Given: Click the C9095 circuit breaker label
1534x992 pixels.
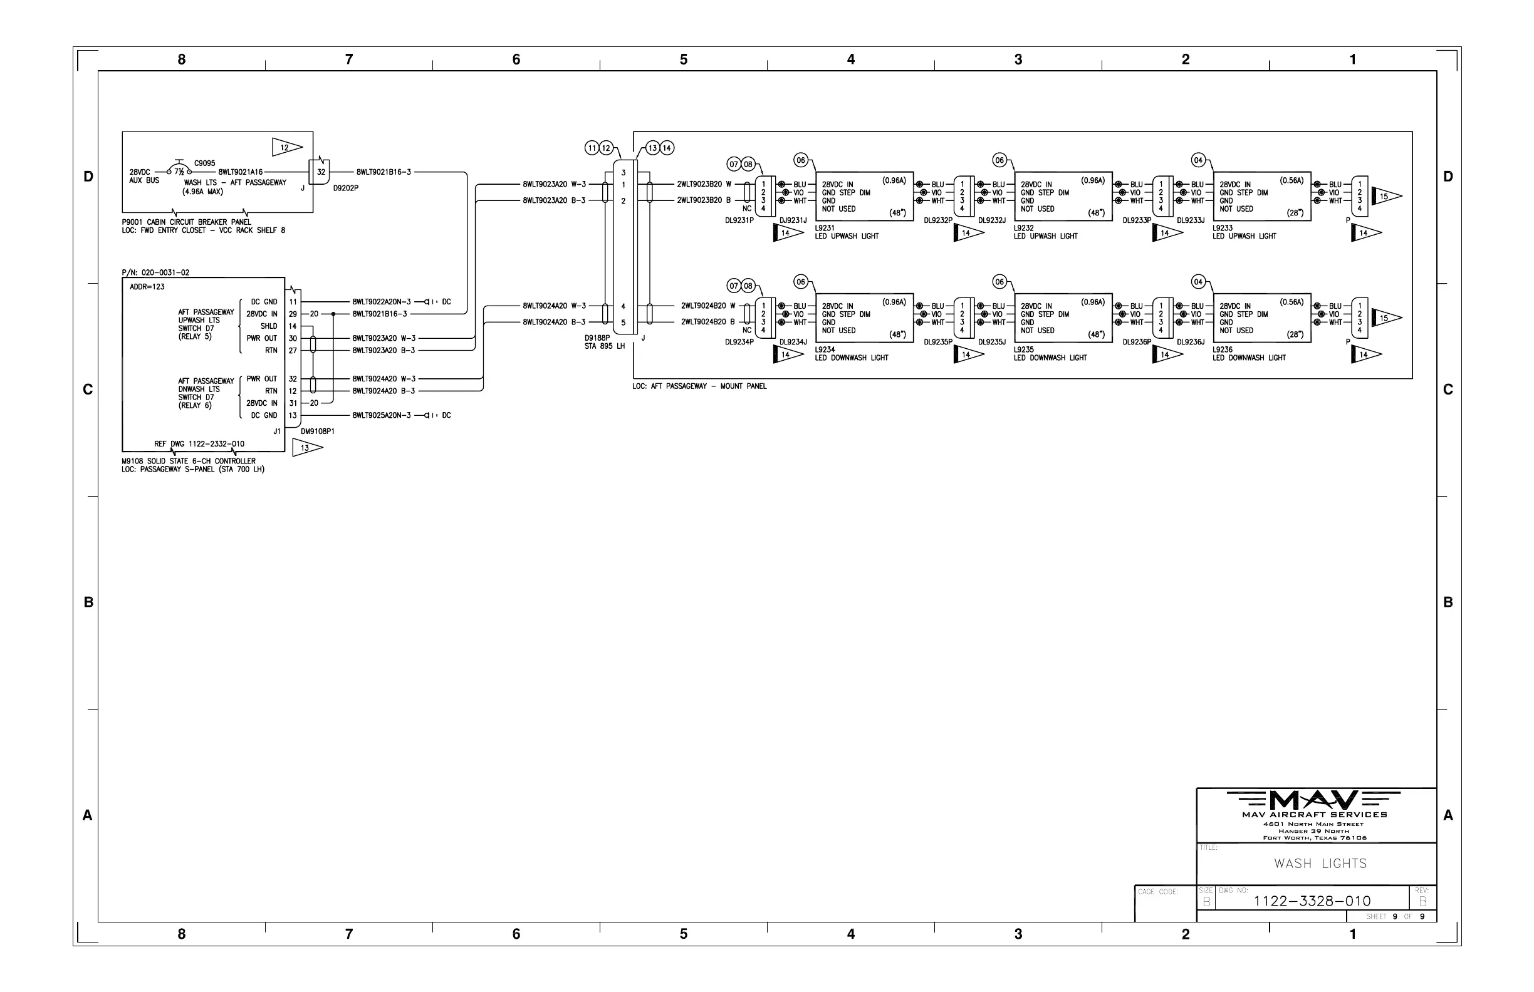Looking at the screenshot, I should click(x=205, y=163).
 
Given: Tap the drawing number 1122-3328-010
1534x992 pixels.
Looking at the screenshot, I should click(x=1312, y=901).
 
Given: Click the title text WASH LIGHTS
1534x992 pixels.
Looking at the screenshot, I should click(x=1320, y=864).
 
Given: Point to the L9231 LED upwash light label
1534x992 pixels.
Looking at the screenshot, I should click(x=847, y=232).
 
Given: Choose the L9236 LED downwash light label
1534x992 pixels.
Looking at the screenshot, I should click(x=1248, y=354).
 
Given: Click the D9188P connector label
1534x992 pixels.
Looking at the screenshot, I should click(x=597, y=338).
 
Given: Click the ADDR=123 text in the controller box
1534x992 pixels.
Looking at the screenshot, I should click(x=147, y=287).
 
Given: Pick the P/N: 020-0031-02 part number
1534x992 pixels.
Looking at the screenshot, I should click(x=155, y=272).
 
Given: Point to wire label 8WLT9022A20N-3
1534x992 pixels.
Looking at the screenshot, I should click(x=381, y=301).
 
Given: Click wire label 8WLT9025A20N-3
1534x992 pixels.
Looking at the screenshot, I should click(x=381, y=415).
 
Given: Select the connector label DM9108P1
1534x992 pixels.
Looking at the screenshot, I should click(x=318, y=431).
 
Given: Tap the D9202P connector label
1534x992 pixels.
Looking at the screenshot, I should click(x=345, y=188).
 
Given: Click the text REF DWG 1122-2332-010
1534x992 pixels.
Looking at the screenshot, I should click(x=199, y=444).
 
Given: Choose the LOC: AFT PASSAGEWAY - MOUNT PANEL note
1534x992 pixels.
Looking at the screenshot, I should click(x=699, y=386).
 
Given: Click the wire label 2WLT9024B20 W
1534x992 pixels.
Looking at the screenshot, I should click(x=707, y=306).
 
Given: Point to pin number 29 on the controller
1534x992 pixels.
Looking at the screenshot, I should click(x=293, y=314).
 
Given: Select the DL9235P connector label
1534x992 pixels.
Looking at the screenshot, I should click(x=938, y=342).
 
